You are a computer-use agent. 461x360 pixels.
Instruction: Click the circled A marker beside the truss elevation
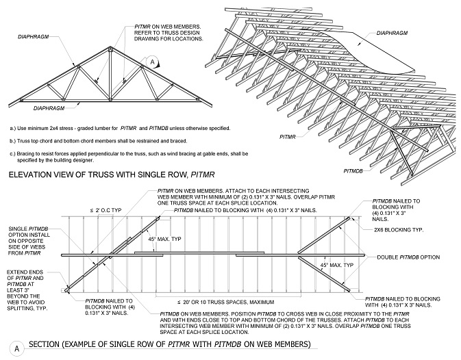coord(153,62)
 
